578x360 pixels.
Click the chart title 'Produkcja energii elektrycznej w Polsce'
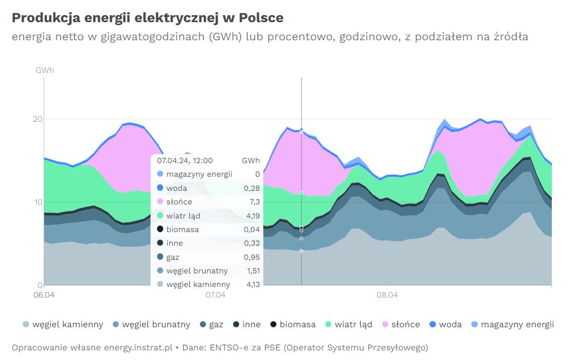pos(148,18)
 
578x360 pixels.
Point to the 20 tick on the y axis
pos(38,119)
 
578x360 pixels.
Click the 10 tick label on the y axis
pos(38,202)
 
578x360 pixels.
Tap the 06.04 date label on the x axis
pos(44,295)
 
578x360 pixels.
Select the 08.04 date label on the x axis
pos(387,295)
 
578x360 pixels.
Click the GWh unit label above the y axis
pos(44,70)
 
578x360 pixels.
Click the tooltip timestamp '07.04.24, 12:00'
pos(185,161)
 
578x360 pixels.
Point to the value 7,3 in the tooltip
pos(254,202)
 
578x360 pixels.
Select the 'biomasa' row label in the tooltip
pos(183,230)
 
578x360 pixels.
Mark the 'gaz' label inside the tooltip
pos(173,257)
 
